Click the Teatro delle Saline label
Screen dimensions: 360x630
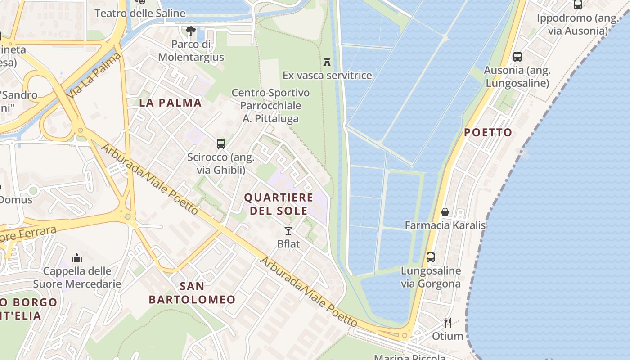[140, 13]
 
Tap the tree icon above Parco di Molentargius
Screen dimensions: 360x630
[191, 31]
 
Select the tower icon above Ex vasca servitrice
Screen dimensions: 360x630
[327, 62]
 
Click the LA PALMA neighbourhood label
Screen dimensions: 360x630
[171, 103]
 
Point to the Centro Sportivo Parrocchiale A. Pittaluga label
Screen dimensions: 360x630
[271, 106]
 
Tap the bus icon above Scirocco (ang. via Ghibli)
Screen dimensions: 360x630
[220, 144]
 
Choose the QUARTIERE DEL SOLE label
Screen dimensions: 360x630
[279, 204]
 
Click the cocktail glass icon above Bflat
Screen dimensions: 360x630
[288, 231]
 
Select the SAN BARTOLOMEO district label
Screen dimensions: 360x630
[192, 292]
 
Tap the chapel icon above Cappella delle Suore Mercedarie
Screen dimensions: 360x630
[77, 258]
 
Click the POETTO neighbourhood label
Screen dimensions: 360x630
[488, 132]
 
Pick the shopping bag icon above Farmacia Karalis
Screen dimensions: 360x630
[445, 211]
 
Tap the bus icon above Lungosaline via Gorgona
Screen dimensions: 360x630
[431, 257]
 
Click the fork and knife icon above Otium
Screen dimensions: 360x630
[448, 323]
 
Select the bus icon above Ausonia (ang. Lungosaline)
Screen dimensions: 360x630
[517, 57]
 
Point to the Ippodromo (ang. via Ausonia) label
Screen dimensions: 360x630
[578, 24]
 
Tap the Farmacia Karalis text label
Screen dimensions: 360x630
[445, 225]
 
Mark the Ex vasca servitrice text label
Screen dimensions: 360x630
[327, 75]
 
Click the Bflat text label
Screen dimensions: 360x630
[288, 244]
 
